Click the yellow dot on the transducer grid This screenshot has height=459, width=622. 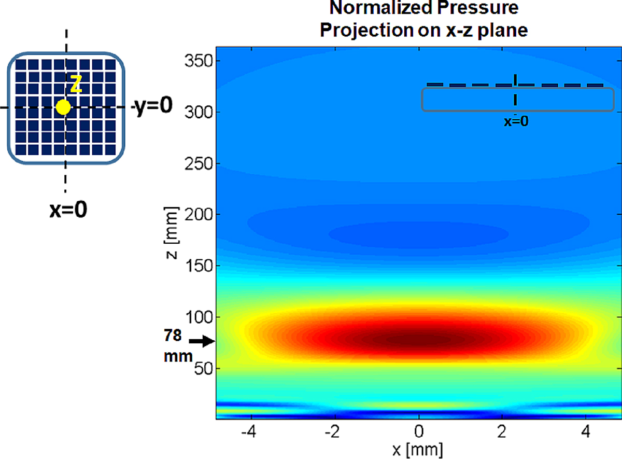click(63, 107)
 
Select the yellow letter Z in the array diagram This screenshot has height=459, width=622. click(76, 85)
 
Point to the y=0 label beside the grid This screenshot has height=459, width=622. click(153, 107)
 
